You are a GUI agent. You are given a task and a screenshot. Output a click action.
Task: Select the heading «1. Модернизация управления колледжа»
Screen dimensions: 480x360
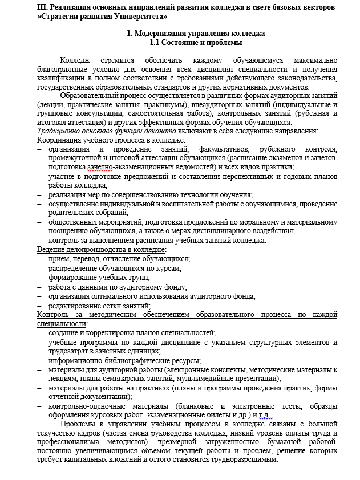point(195,34)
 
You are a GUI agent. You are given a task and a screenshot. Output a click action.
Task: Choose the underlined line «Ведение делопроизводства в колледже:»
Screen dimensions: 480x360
point(102,249)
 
